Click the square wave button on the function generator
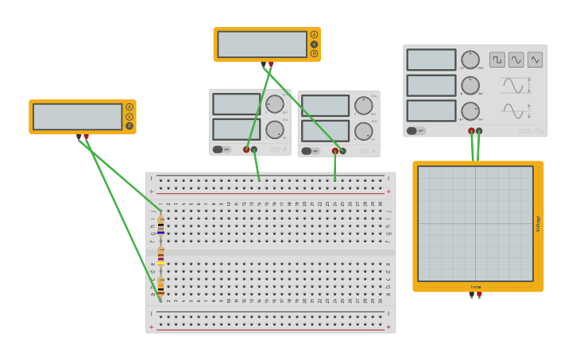497,60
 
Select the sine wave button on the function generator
516,60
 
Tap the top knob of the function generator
470,60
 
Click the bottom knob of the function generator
470,111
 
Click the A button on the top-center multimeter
314,35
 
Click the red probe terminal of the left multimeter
87,137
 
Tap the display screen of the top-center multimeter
262,45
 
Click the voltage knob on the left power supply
275,104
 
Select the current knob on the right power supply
363,131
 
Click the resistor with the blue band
160,226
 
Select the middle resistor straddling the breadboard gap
160,255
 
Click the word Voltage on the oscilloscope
538,223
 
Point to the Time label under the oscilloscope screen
476,287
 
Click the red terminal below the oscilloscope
479,295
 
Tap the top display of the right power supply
325,106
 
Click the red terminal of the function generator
471,131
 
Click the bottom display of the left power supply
236,129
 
